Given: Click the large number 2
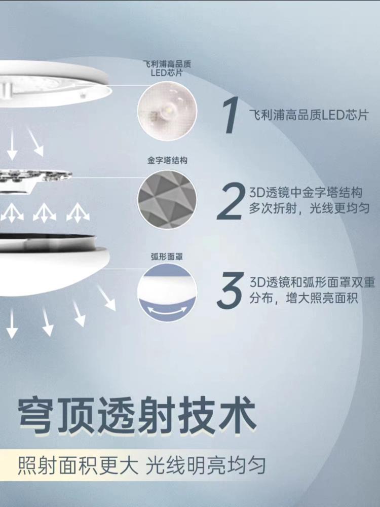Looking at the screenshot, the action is coord(230,201).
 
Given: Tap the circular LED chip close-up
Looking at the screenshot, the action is coord(167,111).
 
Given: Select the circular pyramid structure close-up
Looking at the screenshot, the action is coord(167,200).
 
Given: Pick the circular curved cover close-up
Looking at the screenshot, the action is coord(167,293).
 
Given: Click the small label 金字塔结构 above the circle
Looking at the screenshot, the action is coord(167,160).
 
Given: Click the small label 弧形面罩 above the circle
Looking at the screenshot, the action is coord(167,257).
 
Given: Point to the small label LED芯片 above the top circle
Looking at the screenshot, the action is coord(166,73).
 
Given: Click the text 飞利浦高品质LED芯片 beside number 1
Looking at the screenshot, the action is coord(309,115).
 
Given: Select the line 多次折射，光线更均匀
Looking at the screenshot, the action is coord(309,208).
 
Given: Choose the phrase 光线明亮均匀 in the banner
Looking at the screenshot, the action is coord(206,465).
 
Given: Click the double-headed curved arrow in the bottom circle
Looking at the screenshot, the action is coord(167,310).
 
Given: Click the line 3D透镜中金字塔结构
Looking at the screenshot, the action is coord(306,193).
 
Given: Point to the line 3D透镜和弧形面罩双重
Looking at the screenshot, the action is coord(312,282).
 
